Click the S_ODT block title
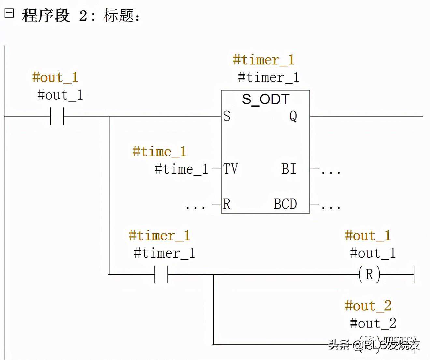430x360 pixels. [265, 99]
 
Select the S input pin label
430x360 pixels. [227, 116]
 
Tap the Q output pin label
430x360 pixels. [293, 116]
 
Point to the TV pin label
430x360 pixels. [230, 169]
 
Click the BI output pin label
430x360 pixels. [289, 169]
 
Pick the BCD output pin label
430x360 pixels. [285, 204]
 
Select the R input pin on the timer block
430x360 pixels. [227, 204]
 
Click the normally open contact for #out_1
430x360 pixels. [57, 116]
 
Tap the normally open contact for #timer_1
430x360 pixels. [161, 274]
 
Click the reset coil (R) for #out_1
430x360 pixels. [369, 274]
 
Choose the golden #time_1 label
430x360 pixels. [159, 152]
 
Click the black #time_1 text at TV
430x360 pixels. [181, 169]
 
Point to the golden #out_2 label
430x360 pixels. [368, 306]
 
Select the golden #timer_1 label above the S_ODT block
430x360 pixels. [264, 60]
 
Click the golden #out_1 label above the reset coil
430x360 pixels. [368, 235]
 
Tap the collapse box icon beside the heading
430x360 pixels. [9, 13]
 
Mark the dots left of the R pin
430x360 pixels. [195, 206]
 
